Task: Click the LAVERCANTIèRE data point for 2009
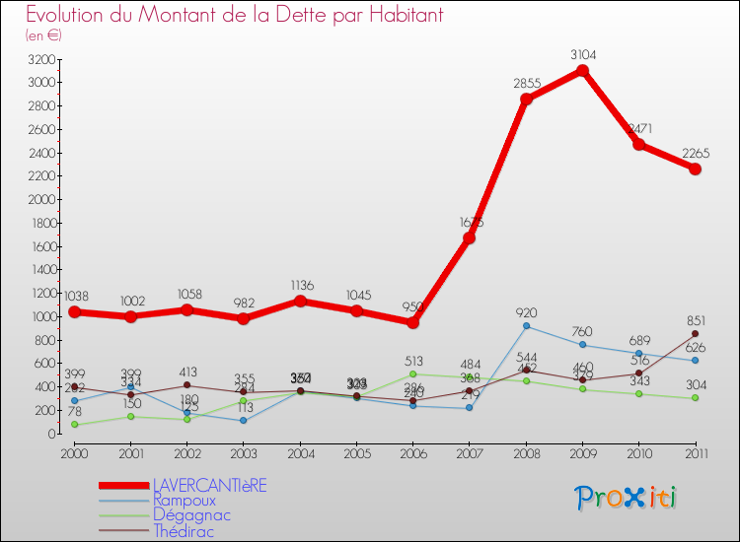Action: point(582,71)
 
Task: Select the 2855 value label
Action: point(527,84)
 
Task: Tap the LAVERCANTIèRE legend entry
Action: point(209,485)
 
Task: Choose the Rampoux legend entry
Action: point(184,501)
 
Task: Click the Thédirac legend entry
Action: point(183,531)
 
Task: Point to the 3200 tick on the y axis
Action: point(40,59)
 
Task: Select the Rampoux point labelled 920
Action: point(526,326)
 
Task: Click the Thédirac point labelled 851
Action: point(695,334)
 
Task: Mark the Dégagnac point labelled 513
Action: point(412,373)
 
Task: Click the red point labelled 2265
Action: point(695,169)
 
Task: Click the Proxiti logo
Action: point(628,498)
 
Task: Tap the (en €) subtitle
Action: point(44,34)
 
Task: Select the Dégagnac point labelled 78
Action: point(74,425)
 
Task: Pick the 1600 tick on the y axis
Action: point(40,246)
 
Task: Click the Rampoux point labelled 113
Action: point(244,421)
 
